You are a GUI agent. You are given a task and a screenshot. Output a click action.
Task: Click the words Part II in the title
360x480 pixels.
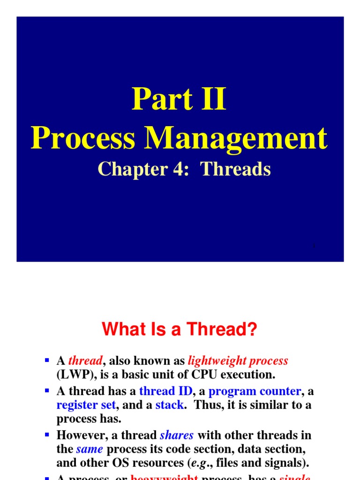click(179, 98)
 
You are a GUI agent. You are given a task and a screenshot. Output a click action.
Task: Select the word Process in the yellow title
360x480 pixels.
click(82, 138)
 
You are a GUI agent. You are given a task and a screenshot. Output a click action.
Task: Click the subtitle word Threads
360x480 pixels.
click(236, 169)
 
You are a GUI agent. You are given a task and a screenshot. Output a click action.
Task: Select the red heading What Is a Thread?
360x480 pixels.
click(180, 330)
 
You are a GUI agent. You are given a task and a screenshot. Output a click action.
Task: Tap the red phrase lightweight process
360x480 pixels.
click(238, 360)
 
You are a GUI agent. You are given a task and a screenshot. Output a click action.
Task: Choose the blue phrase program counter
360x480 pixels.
click(255, 391)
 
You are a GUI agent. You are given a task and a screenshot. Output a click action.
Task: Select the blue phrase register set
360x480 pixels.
click(86, 405)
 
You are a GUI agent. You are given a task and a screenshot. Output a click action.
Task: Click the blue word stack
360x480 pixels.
click(169, 405)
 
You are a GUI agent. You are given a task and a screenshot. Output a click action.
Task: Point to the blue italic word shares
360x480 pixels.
click(176, 435)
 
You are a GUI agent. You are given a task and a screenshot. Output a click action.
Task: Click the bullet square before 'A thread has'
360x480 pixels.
click(46, 390)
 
